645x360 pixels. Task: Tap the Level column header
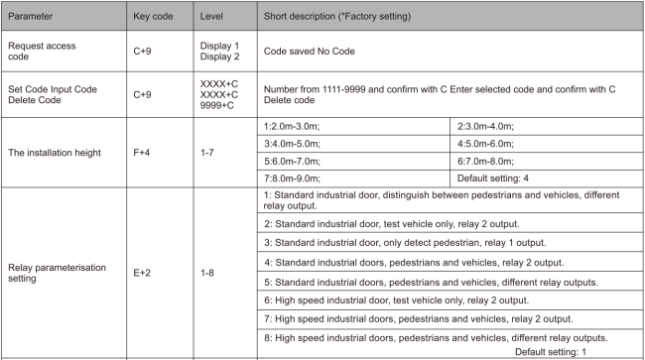coord(216,18)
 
